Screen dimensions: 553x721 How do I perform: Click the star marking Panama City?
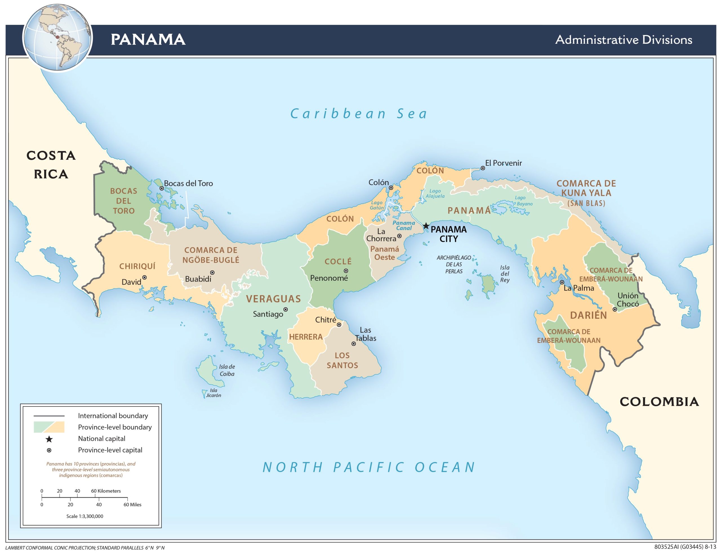pyautogui.click(x=426, y=226)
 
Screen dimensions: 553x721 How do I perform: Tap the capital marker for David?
pyautogui.click(x=144, y=278)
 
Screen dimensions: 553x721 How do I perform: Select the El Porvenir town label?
pyautogui.click(x=503, y=163)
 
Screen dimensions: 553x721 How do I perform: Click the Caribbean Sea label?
pyautogui.click(x=359, y=114)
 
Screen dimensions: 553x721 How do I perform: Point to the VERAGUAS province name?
pyautogui.click(x=273, y=299)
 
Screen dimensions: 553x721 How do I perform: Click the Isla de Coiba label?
pyautogui.click(x=227, y=370)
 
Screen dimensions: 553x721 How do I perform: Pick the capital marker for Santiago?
pyautogui.click(x=286, y=309)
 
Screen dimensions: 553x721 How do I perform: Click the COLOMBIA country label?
pyautogui.click(x=659, y=402)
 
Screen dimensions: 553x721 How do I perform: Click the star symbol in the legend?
pyautogui.click(x=49, y=439)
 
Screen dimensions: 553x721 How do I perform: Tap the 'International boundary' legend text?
pyautogui.click(x=113, y=416)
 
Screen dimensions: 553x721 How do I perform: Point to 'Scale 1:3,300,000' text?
pyautogui.click(x=85, y=516)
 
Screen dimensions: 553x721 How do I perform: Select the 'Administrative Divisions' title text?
pyautogui.click(x=624, y=40)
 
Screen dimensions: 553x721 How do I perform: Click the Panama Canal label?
pyautogui.click(x=404, y=225)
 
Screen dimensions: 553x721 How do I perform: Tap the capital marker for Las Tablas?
pyautogui.click(x=353, y=344)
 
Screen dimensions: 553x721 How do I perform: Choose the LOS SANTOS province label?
pyautogui.click(x=342, y=360)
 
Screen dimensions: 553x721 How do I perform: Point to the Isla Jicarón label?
pyautogui.click(x=213, y=393)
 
